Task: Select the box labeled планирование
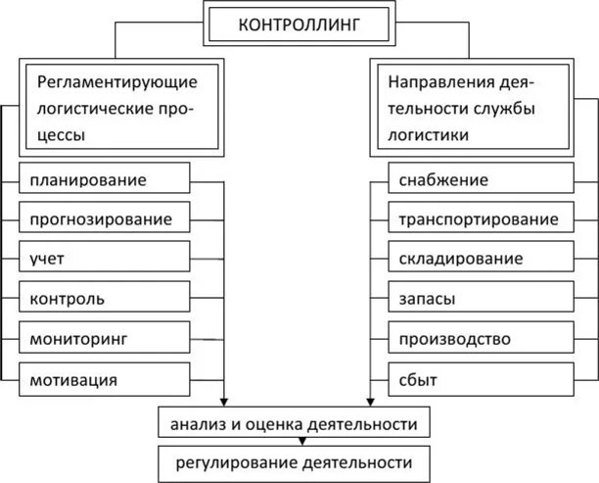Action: coord(104,179)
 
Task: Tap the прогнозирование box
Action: coord(104,218)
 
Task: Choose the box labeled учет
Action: coord(104,259)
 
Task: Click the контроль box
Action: coord(104,298)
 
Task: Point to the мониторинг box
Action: coord(104,338)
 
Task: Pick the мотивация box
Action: coord(104,378)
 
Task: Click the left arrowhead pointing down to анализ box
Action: coord(225,400)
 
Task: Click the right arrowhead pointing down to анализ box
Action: coord(369,400)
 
